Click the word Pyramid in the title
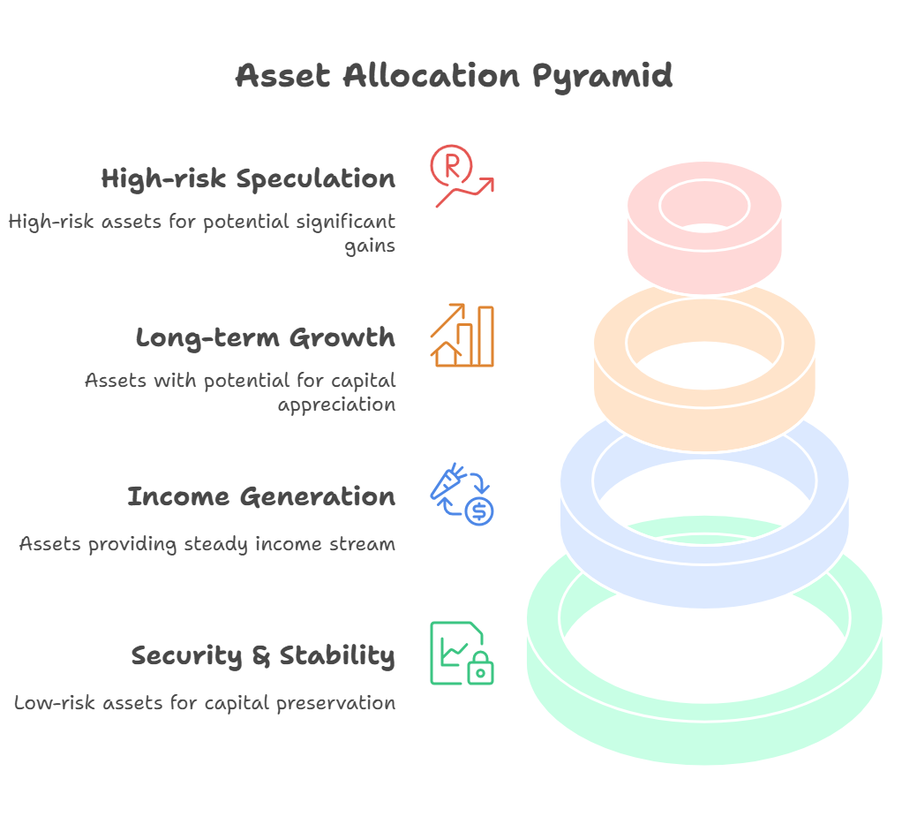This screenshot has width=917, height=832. (x=602, y=77)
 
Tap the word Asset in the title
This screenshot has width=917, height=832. (x=282, y=76)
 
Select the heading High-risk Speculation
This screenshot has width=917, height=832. (x=248, y=179)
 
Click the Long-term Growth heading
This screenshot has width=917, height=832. (x=266, y=338)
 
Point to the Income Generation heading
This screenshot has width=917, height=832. (x=261, y=496)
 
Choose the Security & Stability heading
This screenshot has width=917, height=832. (x=263, y=656)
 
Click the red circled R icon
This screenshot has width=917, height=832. (x=451, y=165)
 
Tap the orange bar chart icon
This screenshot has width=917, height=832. (x=462, y=336)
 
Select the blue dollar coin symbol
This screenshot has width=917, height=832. (x=479, y=511)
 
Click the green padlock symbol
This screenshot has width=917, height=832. (x=480, y=668)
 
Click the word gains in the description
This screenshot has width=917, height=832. (x=370, y=246)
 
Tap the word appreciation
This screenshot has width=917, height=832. (x=337, y=405)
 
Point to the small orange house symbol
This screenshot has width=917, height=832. (x=447, y=354)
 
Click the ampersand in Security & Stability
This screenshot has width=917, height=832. (x=261, y=656)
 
